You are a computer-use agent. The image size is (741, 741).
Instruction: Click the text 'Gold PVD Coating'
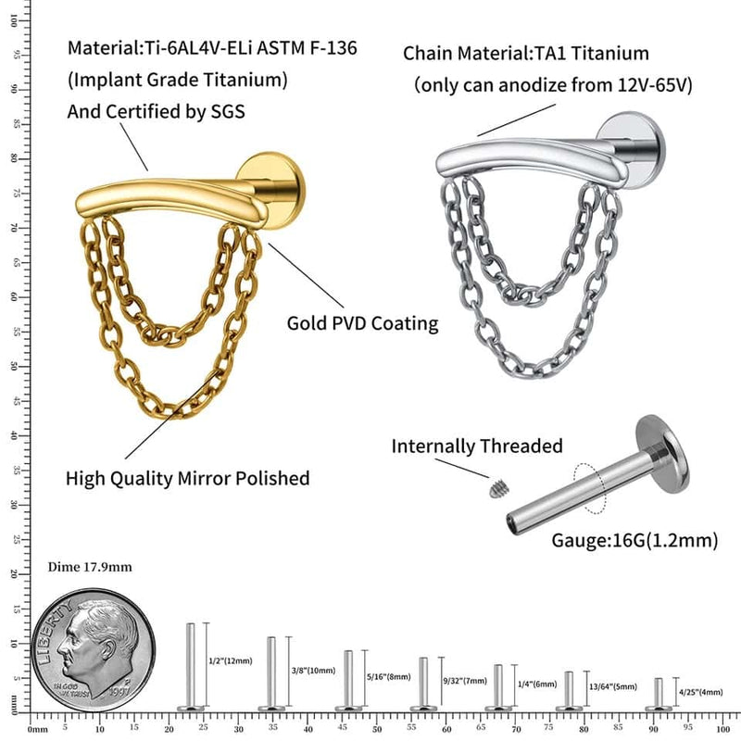[x=362, y=323]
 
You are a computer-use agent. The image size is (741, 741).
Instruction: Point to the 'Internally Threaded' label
[x=477, y=446]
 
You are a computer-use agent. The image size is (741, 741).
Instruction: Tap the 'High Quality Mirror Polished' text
[x=187, y=479]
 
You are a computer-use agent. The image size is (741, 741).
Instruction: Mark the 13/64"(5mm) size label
[x=612, y=686]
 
